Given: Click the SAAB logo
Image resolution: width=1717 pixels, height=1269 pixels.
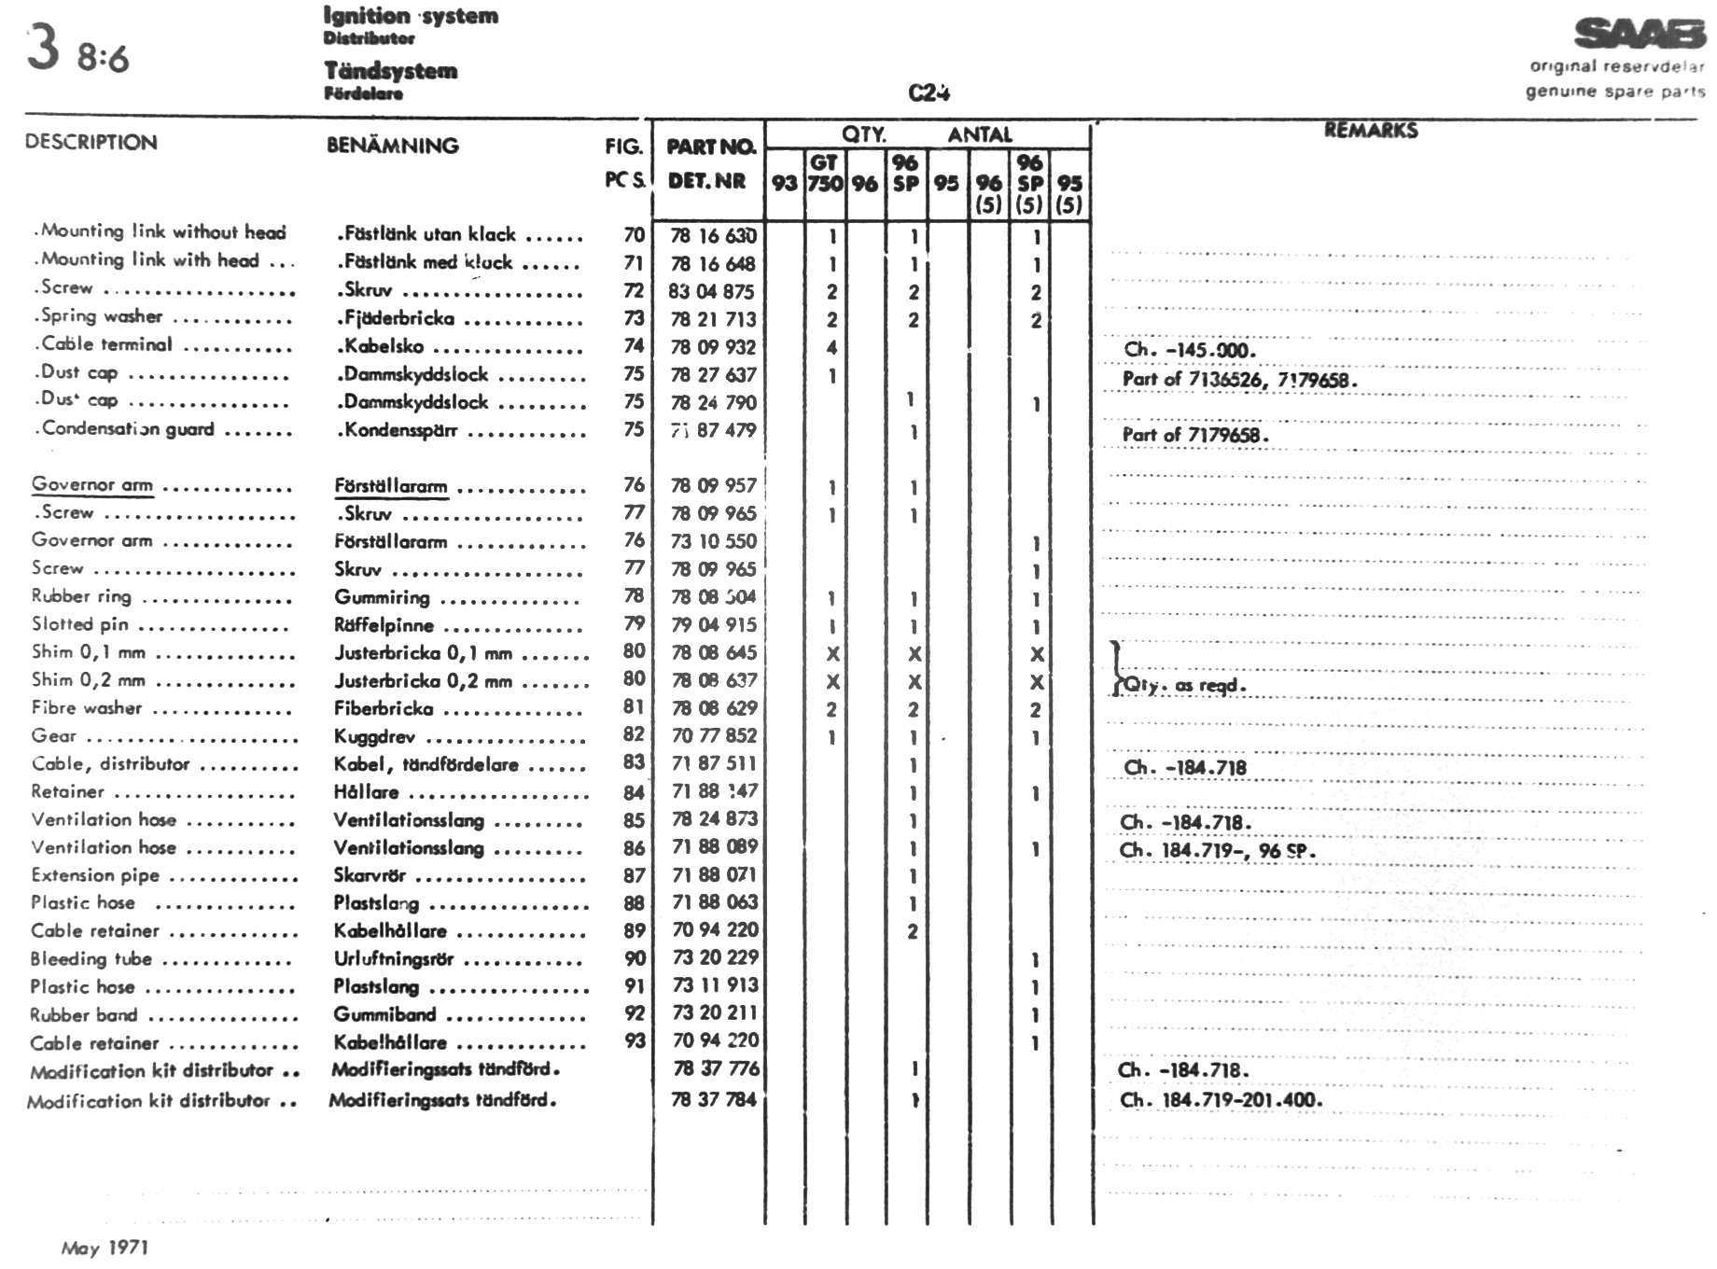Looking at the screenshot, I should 1640,34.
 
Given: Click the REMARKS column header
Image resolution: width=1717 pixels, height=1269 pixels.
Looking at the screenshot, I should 1370,131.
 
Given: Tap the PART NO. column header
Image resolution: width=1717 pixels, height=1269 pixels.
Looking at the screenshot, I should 710,146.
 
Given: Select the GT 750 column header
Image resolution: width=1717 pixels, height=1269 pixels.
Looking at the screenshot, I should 825,174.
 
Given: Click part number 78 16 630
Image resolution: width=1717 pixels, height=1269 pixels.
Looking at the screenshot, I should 713,236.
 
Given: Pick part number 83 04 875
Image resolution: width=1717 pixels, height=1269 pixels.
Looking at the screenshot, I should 711,291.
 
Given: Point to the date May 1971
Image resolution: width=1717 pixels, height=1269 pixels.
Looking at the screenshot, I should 105,1248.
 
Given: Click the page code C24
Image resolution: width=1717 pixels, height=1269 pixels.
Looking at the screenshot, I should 928,92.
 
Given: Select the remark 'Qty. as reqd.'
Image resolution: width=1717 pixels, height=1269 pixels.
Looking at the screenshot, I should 1185,686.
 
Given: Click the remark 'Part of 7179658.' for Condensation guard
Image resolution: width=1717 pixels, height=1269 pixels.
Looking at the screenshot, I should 1195,435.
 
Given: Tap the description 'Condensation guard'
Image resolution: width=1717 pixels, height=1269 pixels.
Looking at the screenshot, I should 128,429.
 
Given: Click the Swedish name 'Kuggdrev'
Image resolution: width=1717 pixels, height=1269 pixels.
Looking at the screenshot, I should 374,737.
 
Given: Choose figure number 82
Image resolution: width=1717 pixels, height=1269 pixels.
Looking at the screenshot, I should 634,735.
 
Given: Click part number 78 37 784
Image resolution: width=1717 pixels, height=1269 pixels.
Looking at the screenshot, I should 713,1099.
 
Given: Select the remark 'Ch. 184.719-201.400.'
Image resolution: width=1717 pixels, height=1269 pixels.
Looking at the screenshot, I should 1221,1100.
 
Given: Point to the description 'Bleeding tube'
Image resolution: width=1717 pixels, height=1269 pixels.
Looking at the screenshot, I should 91,959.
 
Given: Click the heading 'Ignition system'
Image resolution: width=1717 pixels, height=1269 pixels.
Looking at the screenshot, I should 411,16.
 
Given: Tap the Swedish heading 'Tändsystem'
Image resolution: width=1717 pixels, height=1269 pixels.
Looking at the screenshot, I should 390,71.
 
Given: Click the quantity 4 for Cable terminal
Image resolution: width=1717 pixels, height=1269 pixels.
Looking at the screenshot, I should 831,348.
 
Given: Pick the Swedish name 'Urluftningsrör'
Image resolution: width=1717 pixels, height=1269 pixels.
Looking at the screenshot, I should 393,959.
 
